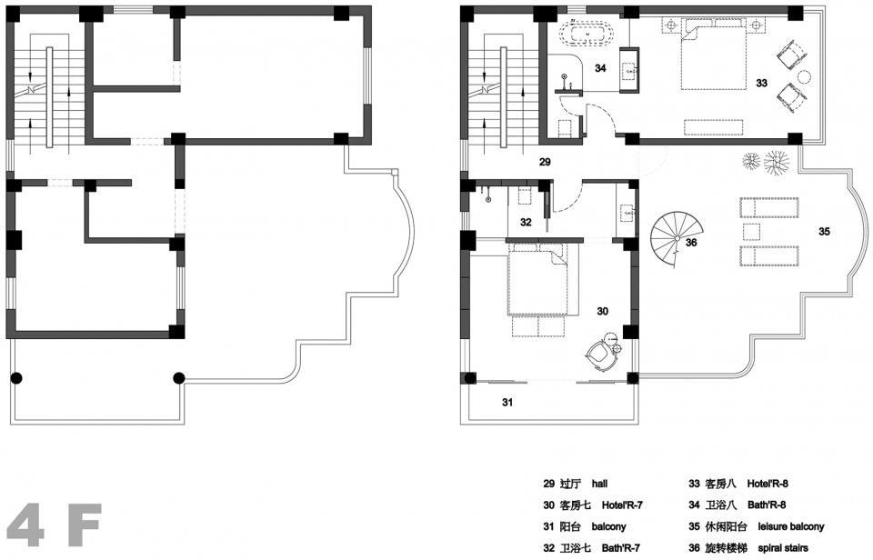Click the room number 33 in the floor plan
[761, 83]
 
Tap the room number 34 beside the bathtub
[600, 68]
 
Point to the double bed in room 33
[713, 54]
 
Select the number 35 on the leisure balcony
[824, 231]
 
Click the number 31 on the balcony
[507, 402]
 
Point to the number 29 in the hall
[545, 162]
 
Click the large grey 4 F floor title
[54, 525]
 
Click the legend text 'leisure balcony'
[790, 526]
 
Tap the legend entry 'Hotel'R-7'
[622, 505]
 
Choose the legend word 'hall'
[599, 484]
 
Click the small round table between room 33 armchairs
[805, 76]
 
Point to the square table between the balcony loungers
[751, 232]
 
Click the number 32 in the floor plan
[526, 222]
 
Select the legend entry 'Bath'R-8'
[767, 505]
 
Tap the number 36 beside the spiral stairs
[691, 243]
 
